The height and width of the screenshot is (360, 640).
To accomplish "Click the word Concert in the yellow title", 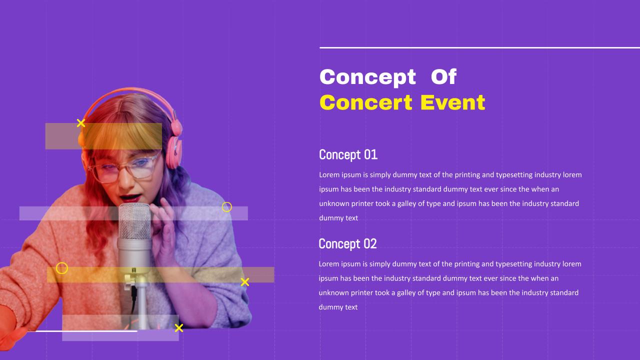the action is click(366, 102).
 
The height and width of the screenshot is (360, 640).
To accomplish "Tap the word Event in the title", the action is click(453, 102).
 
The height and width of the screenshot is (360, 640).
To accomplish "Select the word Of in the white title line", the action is click(443, 76).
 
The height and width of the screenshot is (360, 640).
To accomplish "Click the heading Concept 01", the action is click(348, 154).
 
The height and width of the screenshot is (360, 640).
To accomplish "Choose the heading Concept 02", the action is click(347, 243).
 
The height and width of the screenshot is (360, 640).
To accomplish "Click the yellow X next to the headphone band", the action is click(81, 123).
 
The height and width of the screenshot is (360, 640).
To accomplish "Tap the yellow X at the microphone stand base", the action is click(179, 327).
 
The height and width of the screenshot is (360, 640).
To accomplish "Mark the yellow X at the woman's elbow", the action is click(245, 282).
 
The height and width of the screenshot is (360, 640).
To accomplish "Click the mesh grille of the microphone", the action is click(134, 221).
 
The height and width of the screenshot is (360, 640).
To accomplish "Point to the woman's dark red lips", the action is click(130, 197).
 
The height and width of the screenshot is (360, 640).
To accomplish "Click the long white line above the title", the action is click(479, 47).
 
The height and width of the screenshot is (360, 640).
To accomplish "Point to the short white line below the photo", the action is click(82, 331).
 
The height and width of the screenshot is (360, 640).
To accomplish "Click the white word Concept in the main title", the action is click(367, 77).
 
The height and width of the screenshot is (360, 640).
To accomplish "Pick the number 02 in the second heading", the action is click(370, 243).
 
